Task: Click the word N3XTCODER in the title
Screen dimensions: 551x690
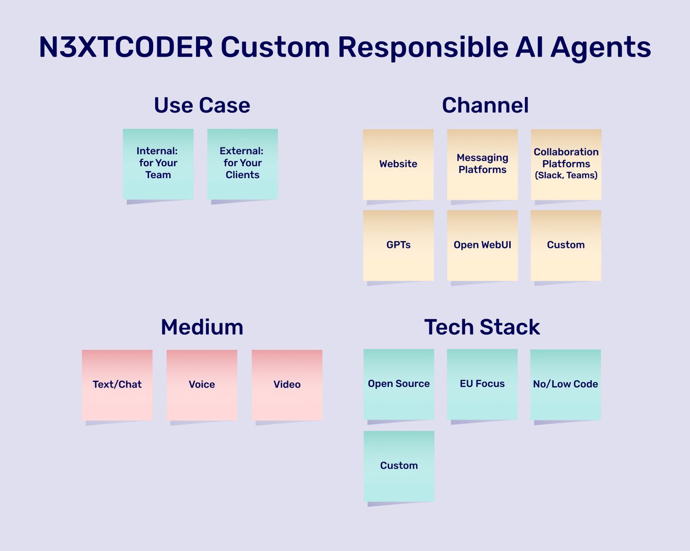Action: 126,47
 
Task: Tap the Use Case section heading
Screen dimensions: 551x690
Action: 202,105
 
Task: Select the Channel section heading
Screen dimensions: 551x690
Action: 485,105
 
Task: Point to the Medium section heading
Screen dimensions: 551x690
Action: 202,327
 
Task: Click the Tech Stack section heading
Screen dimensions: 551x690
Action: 482,327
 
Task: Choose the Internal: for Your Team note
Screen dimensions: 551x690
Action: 158,164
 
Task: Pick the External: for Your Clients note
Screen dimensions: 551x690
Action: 242,164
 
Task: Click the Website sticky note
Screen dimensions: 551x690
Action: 398,164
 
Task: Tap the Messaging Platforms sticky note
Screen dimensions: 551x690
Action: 483,164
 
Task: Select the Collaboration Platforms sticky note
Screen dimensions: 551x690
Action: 566,164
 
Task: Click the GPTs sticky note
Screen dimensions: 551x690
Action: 398,245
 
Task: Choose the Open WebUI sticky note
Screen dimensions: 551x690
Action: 483,245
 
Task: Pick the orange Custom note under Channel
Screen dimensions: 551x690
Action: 566,245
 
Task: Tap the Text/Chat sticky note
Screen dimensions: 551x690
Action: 117,385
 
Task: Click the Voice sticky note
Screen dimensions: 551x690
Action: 202,385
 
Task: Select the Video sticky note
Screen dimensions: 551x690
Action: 287,385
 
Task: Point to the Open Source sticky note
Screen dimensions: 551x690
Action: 399,384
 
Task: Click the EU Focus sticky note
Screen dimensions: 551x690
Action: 482,384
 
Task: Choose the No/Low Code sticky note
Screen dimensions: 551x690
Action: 565,384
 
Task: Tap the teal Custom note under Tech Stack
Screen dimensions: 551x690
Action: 399,466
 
